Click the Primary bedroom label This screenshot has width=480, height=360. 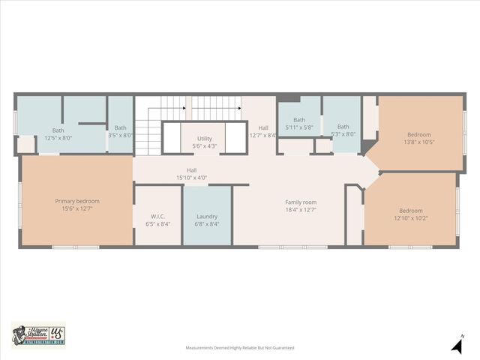point(77,201)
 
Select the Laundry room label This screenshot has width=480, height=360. point(206,216)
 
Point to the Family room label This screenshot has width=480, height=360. point(301,202)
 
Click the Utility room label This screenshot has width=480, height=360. point(205,139)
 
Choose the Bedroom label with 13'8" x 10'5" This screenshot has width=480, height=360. point(419,135)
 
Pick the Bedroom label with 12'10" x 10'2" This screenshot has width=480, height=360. point(410,211)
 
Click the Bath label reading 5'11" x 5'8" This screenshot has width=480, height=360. point(299,120)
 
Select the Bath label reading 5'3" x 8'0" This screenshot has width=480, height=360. point(343,127)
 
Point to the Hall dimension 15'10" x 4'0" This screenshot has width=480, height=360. point(191,178)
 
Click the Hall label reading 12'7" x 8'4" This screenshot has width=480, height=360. point(263,128)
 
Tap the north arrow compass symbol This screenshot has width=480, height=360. point(456,344)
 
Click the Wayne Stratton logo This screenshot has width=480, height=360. point(38,334)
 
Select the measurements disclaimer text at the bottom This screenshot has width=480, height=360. point(240,348)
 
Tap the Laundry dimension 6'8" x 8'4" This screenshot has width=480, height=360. point(206,223)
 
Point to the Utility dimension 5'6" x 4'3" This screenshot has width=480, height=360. point(205,145)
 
